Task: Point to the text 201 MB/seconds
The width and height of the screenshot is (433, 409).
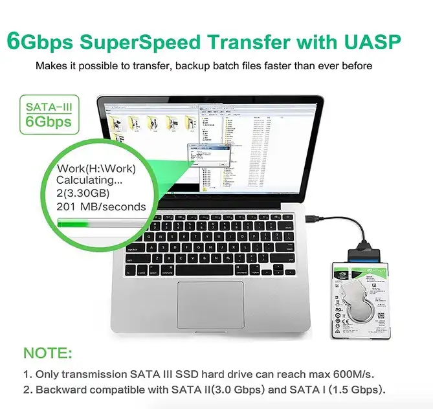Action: tap(102, 206)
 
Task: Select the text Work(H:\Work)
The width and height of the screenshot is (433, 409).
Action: tap(96, 169)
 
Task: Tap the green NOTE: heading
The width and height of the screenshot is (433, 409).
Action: tap(48, 353)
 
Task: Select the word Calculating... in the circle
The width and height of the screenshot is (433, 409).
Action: tap(88, 181)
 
